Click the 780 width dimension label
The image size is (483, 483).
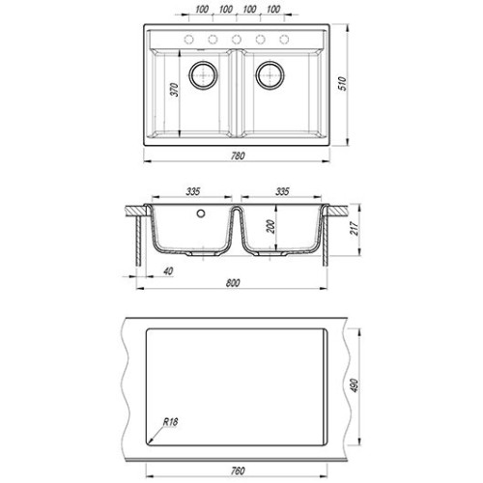[x=238, y=156]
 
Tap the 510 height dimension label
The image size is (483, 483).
[x=343, y=83]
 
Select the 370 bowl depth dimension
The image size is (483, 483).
[x=174, y=90]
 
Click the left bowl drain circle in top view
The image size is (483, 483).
[x=204, y=75]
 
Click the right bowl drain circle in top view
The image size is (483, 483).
[x=270, y=75]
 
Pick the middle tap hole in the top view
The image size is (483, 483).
[x=237, y=40]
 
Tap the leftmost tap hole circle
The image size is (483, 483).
[x=188, y=40]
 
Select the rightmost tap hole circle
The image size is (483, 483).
[x=284, y=40]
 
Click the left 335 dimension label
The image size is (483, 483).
[x=193, y=191]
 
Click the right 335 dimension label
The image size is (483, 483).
[x=282, y=191]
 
